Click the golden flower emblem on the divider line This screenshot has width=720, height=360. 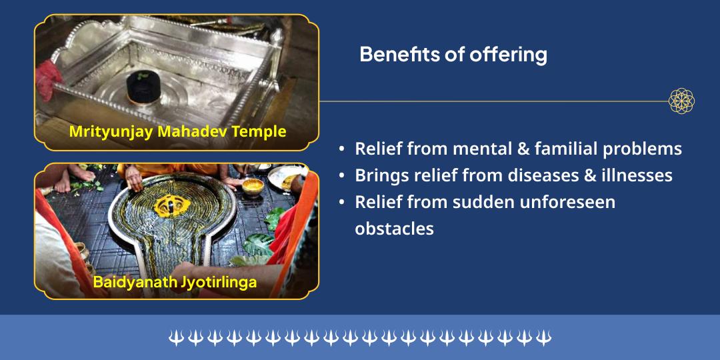[x=681, y=101]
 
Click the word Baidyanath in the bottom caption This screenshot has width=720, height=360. [x=134, y=282]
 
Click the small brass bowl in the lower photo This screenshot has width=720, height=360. [x=251, y=187]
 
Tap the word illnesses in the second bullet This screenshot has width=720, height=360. [x=634, y=175]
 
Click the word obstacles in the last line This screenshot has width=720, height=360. [x=394, y=228]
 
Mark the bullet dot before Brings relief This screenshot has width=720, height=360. [x=342, y=176]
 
